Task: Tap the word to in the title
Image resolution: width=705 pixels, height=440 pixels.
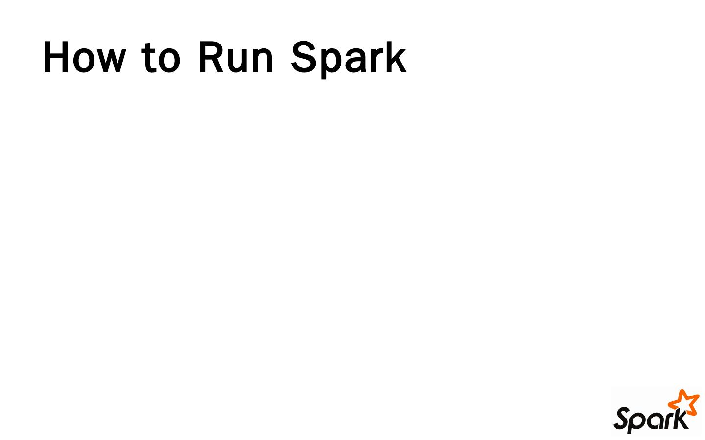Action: (161, 58)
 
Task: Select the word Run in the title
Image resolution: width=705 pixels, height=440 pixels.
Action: (235, 58)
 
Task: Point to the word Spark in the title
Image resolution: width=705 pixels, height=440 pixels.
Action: (349, 58)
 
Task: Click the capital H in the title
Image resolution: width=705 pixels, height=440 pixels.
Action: (56, 58)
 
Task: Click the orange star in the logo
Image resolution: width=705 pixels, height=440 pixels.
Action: (684, 402)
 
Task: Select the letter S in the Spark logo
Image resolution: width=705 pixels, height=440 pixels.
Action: (623, 419)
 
